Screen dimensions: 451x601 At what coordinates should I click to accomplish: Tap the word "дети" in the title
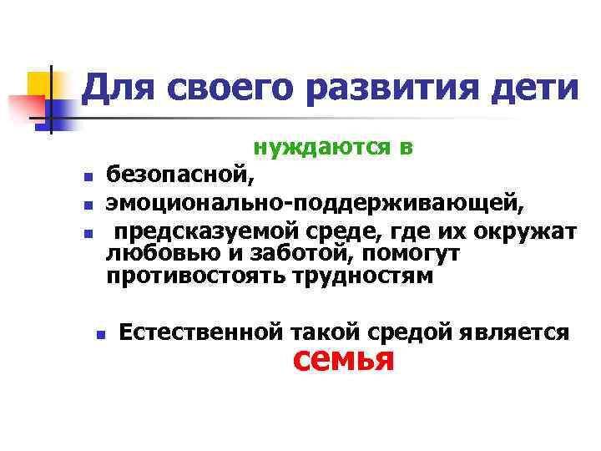coord(536,87)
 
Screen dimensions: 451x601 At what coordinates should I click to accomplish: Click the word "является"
coord(514,332)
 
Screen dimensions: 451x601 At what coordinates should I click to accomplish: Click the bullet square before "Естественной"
coord(100,334)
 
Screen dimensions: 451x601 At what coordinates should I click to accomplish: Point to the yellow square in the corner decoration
coord(40,84)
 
